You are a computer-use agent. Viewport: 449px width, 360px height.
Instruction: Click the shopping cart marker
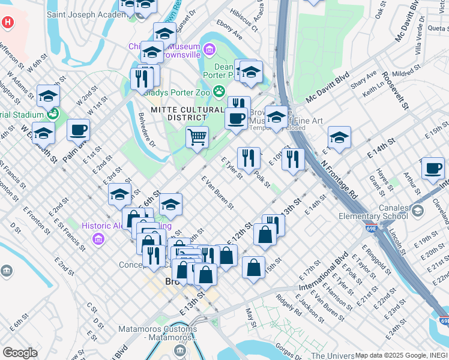click(x=197, y=137)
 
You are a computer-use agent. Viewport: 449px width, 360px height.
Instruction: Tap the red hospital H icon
click(x=7, y=23)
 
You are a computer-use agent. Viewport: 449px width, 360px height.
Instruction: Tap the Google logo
click(x=20, y=353)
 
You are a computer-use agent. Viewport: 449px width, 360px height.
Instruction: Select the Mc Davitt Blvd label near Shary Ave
click(x=327, y=87)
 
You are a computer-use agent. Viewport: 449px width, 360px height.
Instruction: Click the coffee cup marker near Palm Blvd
click(x=78, y=130)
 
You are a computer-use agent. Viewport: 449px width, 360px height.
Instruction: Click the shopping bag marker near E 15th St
click(x=254, y=267)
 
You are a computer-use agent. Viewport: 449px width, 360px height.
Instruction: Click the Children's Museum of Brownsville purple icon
click(x=209, y=48)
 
